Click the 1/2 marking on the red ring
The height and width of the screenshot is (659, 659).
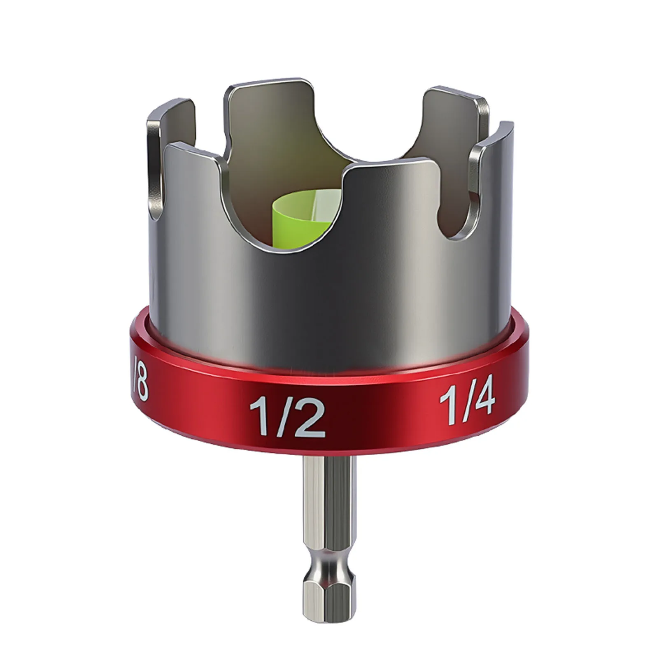287,416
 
